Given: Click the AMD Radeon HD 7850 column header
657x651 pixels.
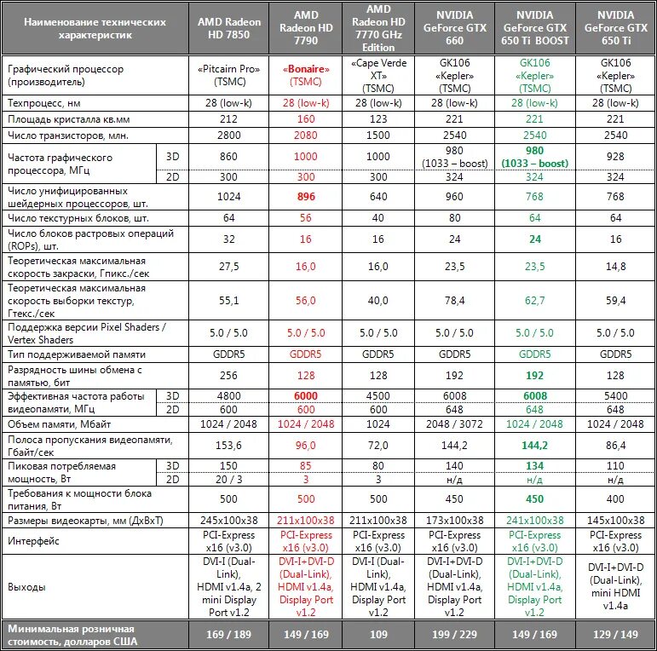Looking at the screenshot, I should click(229, 26).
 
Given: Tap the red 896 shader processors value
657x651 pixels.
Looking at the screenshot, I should click(306, 195).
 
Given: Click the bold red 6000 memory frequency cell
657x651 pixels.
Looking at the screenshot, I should click(306, 395).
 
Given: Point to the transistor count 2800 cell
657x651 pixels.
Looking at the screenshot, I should click(229, 135).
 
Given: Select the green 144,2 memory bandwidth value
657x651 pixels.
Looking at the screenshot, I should click(535, 445).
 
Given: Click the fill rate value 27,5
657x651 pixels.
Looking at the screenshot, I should click(229, 266).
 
